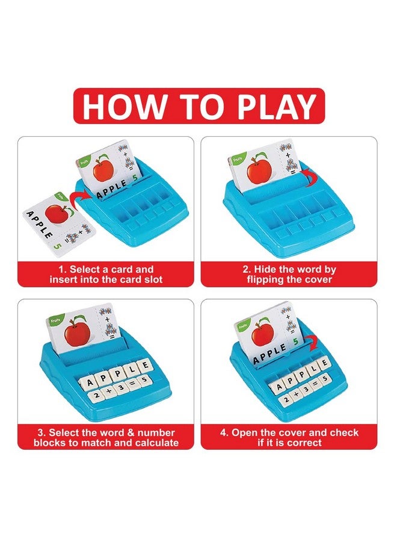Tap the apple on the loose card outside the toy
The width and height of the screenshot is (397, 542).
pos(58,214)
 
